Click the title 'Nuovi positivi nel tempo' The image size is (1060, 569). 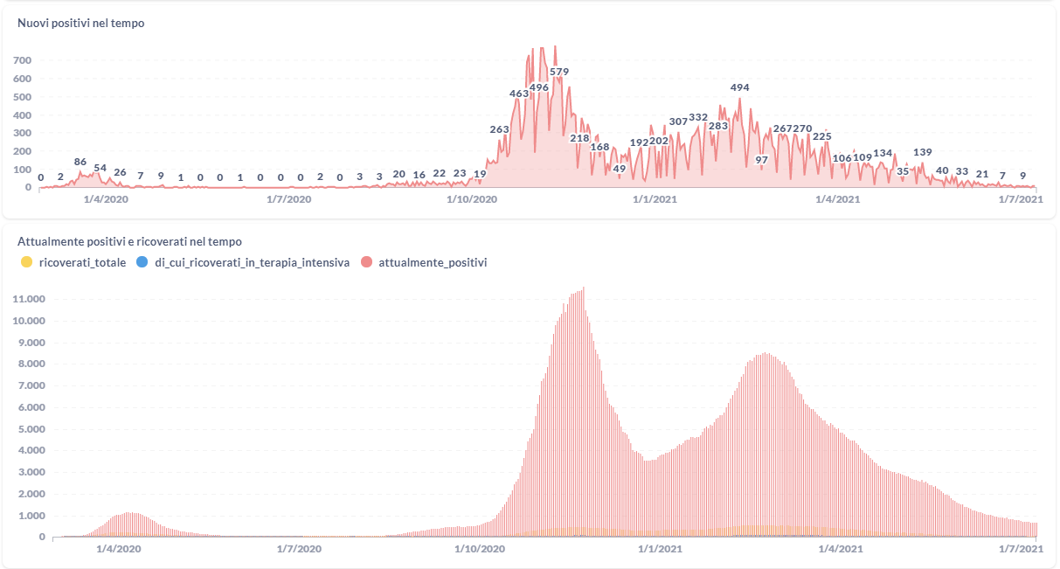(81, 24)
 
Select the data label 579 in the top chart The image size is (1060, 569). (559, 72)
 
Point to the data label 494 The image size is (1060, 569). (740, 87)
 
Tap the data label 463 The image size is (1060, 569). (519, 94)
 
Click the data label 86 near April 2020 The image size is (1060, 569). (80, 162)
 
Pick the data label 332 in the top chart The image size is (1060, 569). (698, 117)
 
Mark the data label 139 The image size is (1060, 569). (922, 152)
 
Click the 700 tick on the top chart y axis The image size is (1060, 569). (23, 60)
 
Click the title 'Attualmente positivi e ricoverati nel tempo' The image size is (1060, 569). (130, 241)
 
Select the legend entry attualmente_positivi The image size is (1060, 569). (433, 262)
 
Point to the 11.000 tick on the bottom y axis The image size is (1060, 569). (29, 299)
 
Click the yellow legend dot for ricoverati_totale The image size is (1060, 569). (26, 262)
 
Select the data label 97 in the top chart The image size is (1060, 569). (761, 160)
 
